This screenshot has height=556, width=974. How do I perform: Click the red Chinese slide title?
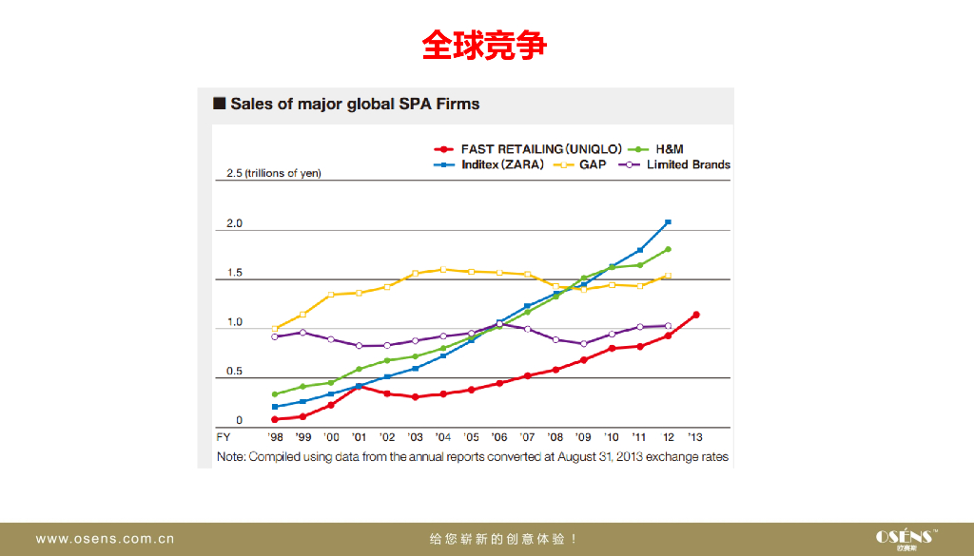[485, 45]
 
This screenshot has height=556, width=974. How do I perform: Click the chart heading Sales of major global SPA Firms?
[354, 104]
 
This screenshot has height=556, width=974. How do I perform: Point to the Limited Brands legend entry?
[676, 164]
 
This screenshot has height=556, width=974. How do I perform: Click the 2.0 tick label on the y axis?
[234, 224]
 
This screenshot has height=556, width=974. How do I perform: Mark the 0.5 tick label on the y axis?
[234, 372]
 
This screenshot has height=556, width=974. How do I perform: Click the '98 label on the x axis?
[275, 437]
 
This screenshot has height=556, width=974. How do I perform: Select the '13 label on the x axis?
[695, 437]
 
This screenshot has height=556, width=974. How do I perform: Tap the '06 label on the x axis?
[499, 437]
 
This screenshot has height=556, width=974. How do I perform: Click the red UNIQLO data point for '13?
[696, 315]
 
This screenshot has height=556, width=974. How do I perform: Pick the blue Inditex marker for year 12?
[669, 221]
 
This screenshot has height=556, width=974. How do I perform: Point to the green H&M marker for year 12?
[669, 249]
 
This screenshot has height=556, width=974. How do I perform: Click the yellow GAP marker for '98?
[275, 329]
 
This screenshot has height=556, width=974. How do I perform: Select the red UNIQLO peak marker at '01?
[359, 386]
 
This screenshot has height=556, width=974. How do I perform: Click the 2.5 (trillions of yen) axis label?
[273, 174]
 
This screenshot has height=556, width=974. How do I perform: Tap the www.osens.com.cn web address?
[105, 539]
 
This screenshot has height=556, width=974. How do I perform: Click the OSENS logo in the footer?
[906, 537]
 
